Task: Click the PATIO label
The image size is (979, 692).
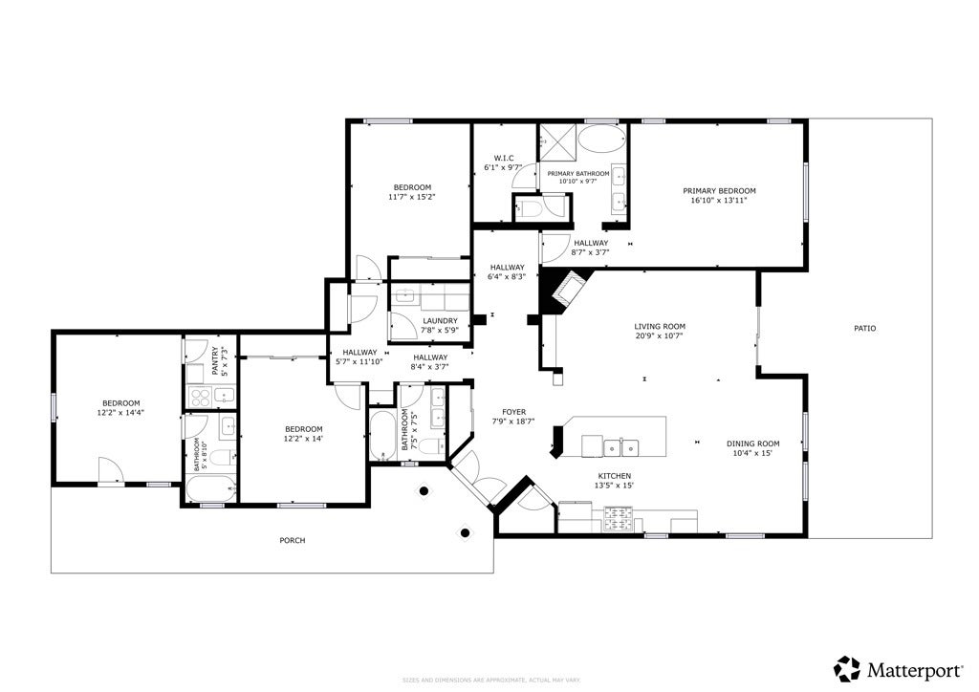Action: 864,329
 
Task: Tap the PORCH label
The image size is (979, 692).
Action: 292,541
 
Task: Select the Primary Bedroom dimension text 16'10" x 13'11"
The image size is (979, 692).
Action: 718,201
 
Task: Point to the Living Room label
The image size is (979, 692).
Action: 660,326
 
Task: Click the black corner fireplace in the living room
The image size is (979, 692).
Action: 560,291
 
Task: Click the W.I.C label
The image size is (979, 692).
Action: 504,158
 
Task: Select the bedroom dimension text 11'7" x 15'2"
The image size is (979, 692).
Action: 412,197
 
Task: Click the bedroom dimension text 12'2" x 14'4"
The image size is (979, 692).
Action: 120,413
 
